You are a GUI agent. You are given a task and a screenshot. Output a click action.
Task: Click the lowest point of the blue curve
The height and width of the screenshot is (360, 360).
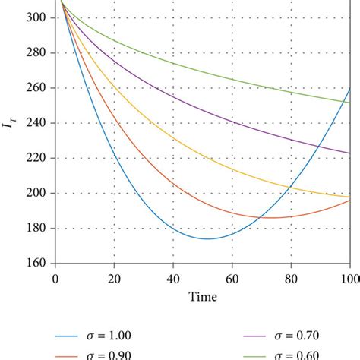(x=207, y=239)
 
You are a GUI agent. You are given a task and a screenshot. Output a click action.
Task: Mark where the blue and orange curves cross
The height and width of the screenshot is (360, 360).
(x=260, y=218)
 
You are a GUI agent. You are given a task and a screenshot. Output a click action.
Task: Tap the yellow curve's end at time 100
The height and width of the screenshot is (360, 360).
(x=349, y=197)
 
